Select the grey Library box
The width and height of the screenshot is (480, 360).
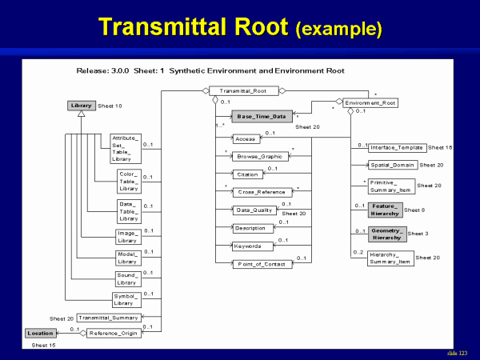82,106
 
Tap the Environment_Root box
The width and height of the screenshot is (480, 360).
370,103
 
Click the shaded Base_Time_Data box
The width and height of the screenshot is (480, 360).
262,117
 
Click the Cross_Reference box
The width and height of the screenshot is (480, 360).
262,193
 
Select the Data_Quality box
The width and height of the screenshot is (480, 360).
255,210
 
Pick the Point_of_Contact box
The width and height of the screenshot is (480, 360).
262,264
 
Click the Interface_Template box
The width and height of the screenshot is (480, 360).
397,148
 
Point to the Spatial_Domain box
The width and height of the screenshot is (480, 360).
392,166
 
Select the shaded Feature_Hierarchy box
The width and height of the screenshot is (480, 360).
386,210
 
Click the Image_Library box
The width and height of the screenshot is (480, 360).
128,236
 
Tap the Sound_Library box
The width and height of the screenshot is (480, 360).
128,279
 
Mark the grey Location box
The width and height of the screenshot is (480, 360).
40,333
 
